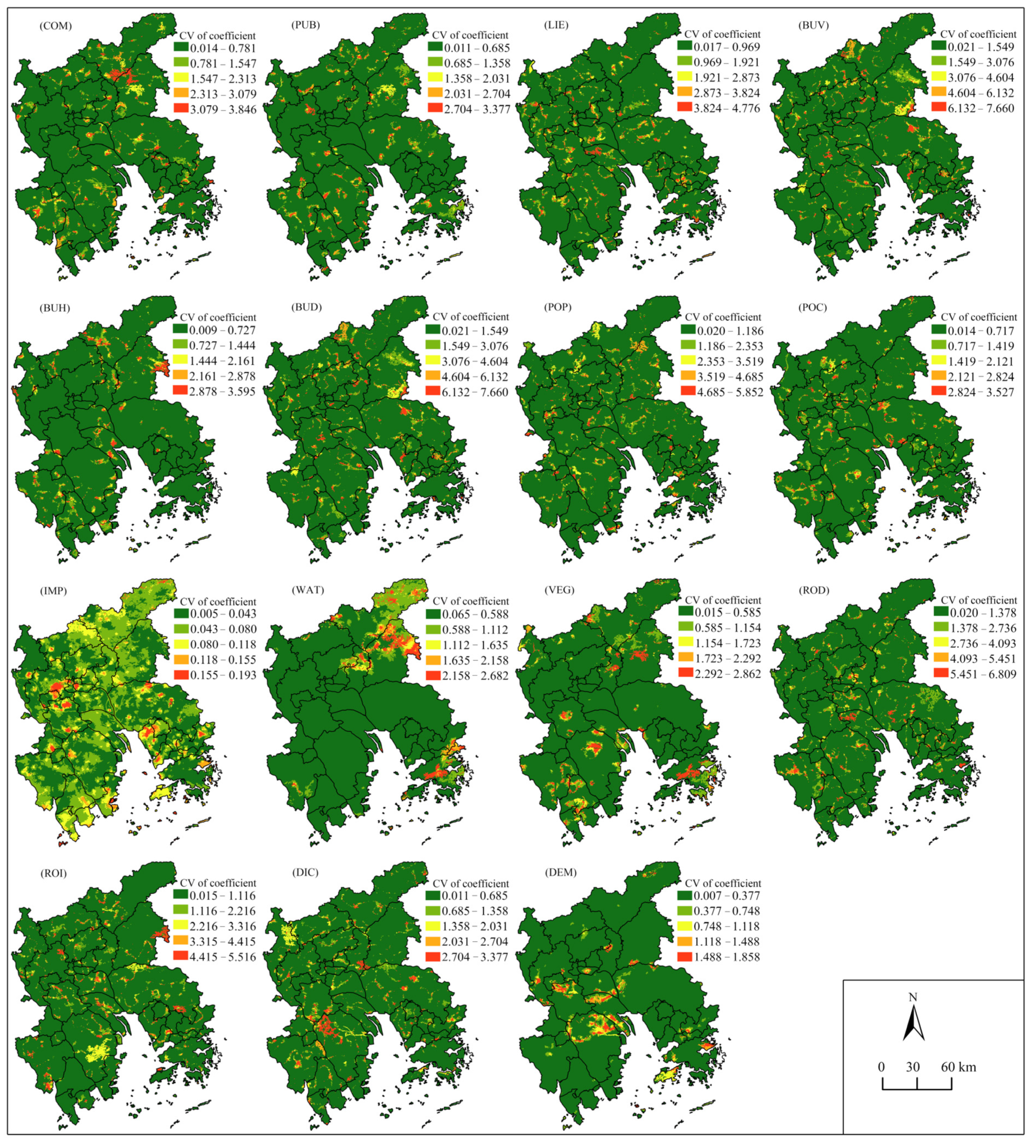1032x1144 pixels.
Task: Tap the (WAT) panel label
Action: (307, 590)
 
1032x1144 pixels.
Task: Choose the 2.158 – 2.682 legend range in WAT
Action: (476, 675)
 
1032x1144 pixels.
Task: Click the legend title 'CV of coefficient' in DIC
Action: (470, 883)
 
